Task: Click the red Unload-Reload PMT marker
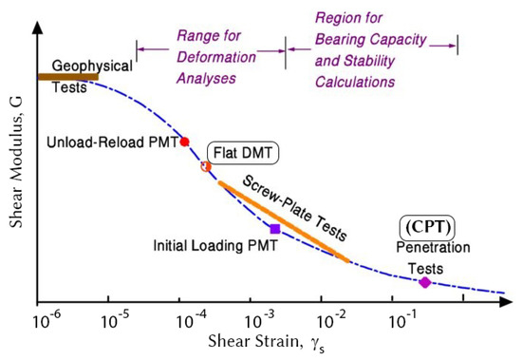pyautogui.click(x=185, y=141)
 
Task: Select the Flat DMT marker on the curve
pyautogui.click(x=206, y=166)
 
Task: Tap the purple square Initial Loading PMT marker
pyautogui.click(x=275, y=228)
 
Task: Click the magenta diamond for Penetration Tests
pyautogui.click(x=424, y=281)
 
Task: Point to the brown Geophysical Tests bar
pyautogui.click(x=67, y=76)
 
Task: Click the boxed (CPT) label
pyautogui.click(x=425, y=227)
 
